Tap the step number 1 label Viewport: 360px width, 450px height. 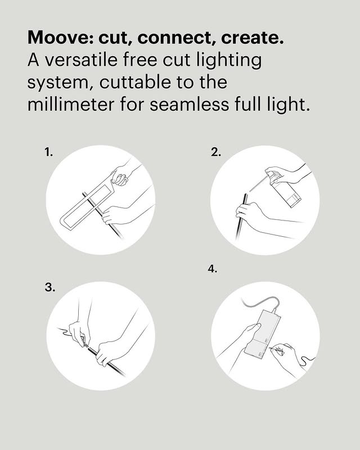pos(48,152)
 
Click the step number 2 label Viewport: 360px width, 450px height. pos(216,152)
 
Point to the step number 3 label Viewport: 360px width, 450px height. pos(50,287)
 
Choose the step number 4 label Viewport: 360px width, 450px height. pos(213,269)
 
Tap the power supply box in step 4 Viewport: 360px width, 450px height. pos(262,332)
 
